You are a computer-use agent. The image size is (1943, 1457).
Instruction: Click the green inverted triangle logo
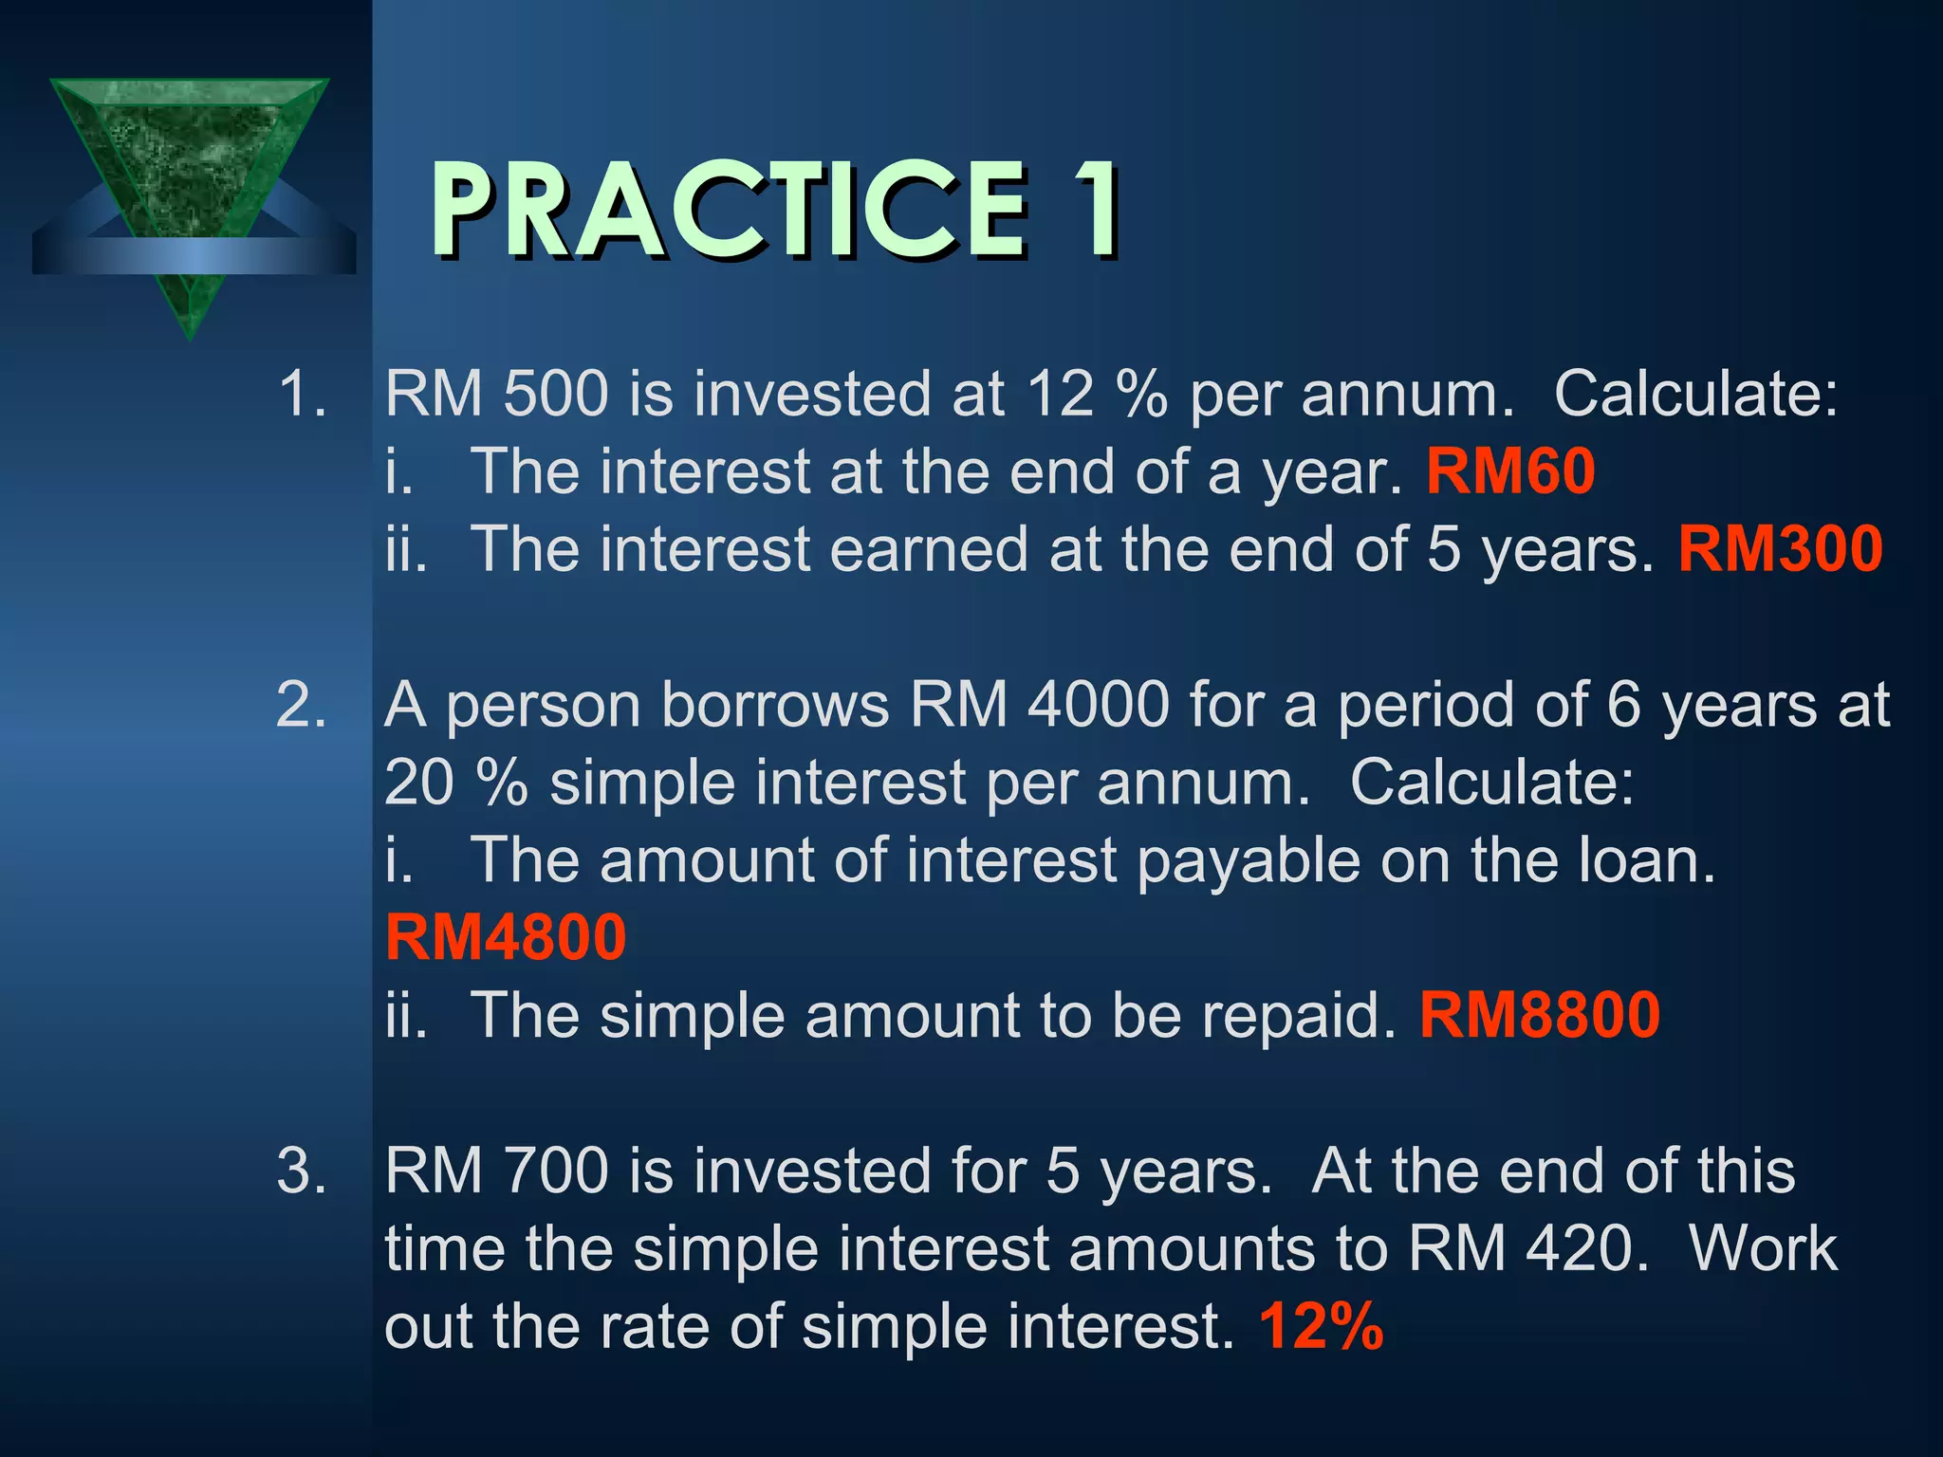tap(190, 180)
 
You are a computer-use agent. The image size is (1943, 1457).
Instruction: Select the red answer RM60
tap(1510, 471)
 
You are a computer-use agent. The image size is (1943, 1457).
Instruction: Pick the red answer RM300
tap(1780, 549)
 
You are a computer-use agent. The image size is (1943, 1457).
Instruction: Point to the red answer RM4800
tap(506, 937)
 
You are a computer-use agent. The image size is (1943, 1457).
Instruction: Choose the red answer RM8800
tap(1539, 1015)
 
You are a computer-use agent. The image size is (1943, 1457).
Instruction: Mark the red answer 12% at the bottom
tap(1321, 1326)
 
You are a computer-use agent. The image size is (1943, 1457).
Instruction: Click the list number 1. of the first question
tap(302, 394)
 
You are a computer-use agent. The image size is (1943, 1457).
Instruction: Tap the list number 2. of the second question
tap(302, 705)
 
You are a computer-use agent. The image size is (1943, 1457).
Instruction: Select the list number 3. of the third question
tap(302, 1171)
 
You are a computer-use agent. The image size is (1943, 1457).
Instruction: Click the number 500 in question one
tap(555, 394)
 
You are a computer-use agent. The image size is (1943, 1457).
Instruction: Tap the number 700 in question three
tap(555, 1171)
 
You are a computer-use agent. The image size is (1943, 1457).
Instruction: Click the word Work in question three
tap(1763, 1248)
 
